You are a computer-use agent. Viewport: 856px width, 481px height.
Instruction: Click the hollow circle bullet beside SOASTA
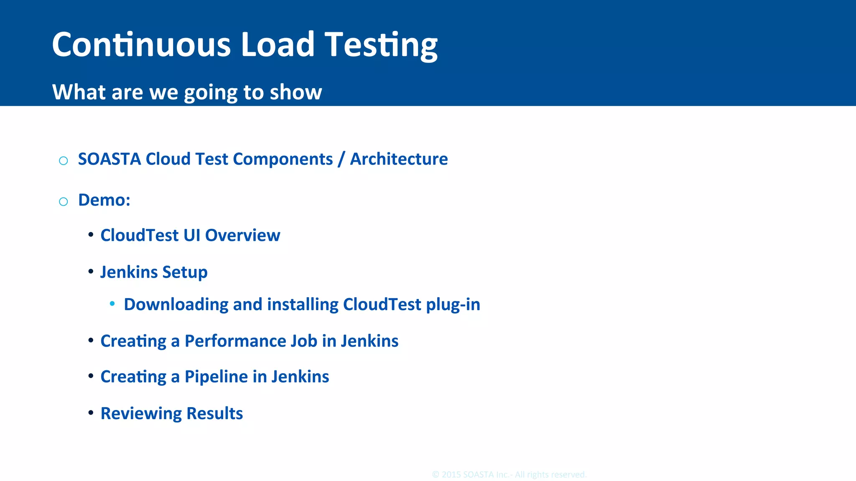pos(64,161)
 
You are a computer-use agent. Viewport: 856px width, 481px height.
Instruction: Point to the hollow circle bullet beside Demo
pos(64,202)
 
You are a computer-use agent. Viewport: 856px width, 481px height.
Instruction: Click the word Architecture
pos(399,159)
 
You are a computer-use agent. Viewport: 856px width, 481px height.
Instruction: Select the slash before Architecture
pos(341,159)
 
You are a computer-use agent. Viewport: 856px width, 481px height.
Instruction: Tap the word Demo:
pos(104,200)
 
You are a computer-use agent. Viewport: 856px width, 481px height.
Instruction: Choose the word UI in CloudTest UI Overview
pos(191,235)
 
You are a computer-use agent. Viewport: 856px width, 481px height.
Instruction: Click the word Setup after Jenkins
pos(185,272)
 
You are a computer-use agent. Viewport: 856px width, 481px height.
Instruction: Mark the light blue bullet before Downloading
pos(112,304)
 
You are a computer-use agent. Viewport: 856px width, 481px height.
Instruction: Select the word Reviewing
pos(141,414)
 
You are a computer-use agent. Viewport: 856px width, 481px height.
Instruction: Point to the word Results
pos(214,413)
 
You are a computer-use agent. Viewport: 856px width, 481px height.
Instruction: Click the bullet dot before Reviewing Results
pos(91,413)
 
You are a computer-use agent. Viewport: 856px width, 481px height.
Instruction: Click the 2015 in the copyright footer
pos(451,475)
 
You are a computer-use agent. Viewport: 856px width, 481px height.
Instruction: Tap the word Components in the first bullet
pos(283,159)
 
